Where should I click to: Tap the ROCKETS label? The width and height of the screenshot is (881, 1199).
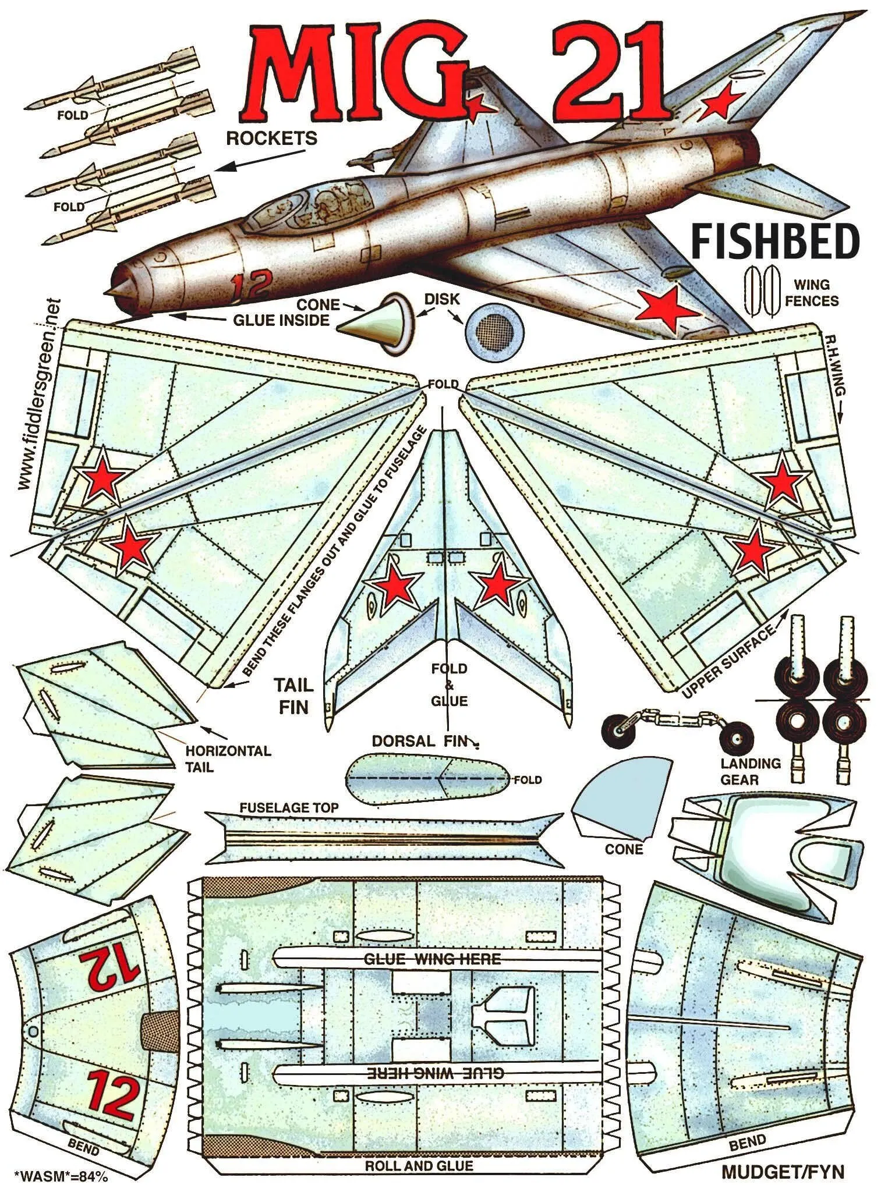[271, 139]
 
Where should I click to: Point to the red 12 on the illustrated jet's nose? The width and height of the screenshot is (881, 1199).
[250, 285]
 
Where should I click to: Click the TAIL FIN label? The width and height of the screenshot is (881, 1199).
[293, 696]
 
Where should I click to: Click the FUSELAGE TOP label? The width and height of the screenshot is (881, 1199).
[289, 808]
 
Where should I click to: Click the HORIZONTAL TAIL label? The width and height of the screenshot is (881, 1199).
[228, 758]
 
